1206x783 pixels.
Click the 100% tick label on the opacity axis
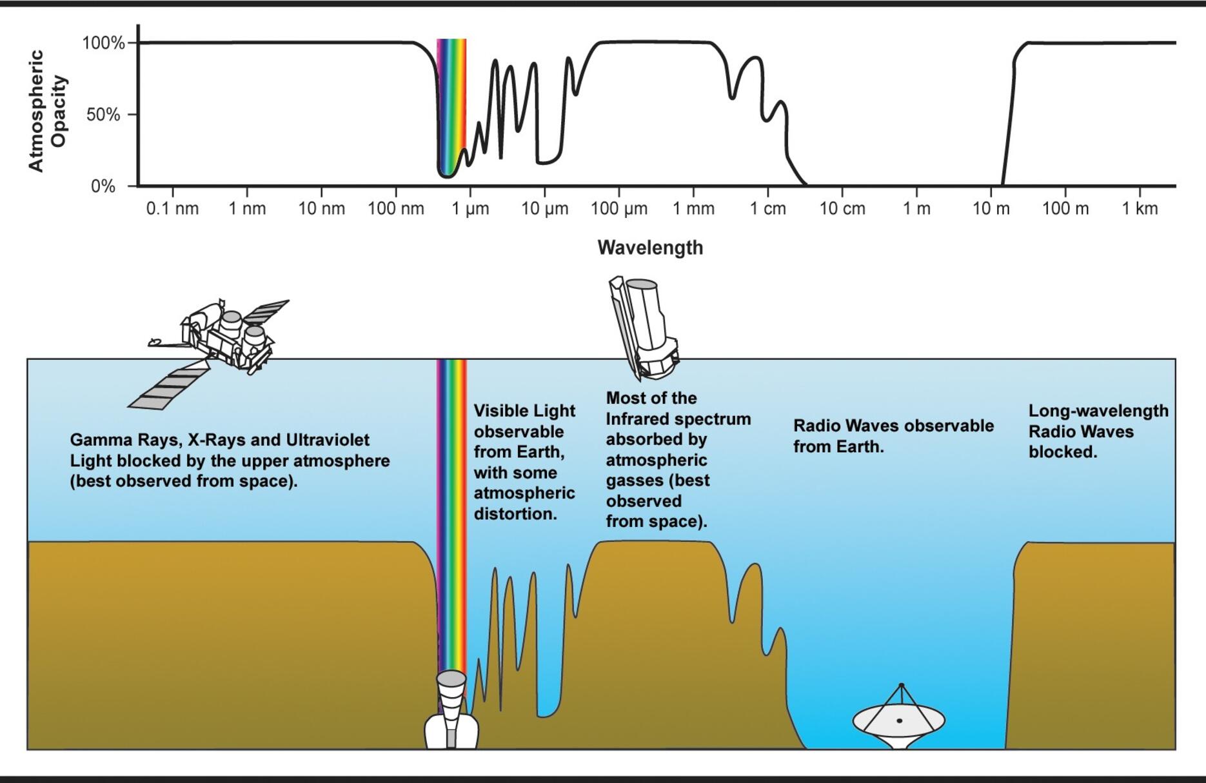click(103, 43)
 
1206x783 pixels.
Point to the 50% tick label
click(103, 115)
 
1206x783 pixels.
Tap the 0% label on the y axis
click(103, 186)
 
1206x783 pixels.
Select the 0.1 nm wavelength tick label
click(172, 209)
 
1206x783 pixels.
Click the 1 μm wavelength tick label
click(470, 209)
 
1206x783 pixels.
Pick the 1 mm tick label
click(693, 209)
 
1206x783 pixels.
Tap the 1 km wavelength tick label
click(1140, 209)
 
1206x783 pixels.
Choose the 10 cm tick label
click(842, 209)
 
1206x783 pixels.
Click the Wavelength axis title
click(650, 248)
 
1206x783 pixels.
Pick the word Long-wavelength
click(1098, 411)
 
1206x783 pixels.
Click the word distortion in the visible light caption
click(515, 514)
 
